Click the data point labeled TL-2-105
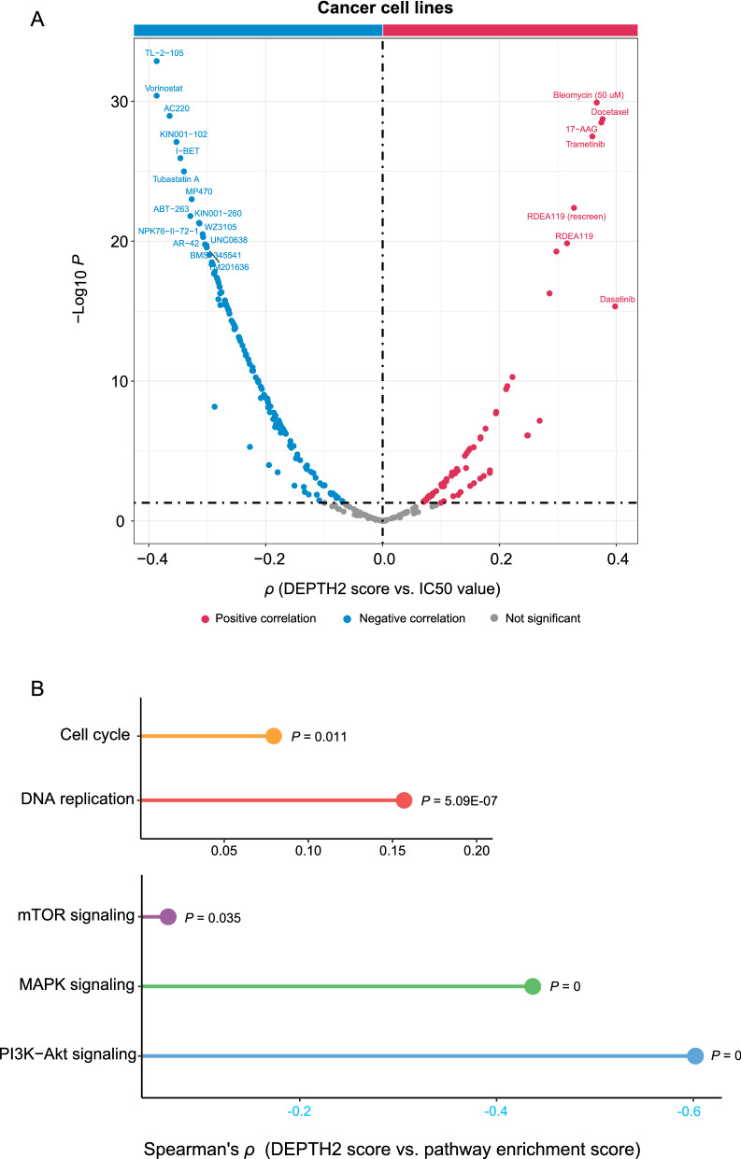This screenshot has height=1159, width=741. pos(156,62)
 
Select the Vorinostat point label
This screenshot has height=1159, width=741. pos(164,88)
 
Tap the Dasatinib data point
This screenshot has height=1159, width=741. pos(615,306)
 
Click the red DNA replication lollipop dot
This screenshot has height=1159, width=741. pos(404,800)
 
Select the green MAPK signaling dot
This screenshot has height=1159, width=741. pos(533,985)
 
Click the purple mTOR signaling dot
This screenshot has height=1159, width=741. pos(168,917)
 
